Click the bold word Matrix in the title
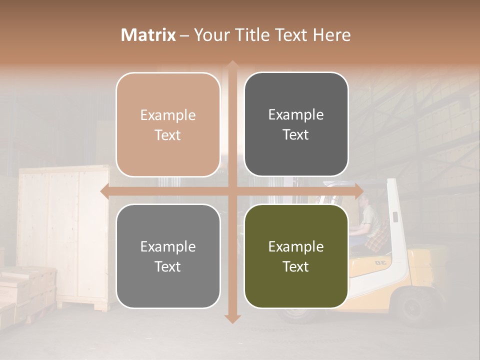[148, 35]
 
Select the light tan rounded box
[168, 124]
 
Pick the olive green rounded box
[296, 256]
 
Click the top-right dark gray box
[296, 124]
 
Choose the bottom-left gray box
[168, 256]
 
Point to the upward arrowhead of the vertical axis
[232, 65]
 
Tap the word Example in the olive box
[296, 246]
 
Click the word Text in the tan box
[168, 135]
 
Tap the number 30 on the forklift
[381, 262]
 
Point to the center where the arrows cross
[232, 191]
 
